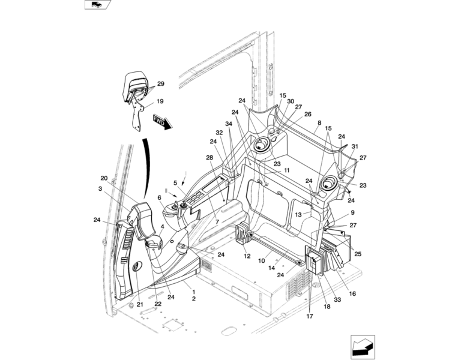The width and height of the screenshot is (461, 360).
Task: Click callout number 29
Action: pos(160,84)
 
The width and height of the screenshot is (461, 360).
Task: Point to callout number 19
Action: pos(160,101)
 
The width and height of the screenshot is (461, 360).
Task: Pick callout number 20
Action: pos(104,178)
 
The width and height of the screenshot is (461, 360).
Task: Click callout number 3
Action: pos(100,189)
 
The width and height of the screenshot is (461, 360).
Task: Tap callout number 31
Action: pos(355,146)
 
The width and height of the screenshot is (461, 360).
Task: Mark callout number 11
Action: pos(287,170)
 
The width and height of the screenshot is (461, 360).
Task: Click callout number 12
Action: pos(247,256)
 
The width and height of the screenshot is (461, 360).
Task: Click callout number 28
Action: pos(209,158)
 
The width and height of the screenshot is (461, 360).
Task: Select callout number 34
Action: pos(229,124)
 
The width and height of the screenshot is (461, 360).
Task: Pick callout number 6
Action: pos(160,197)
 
